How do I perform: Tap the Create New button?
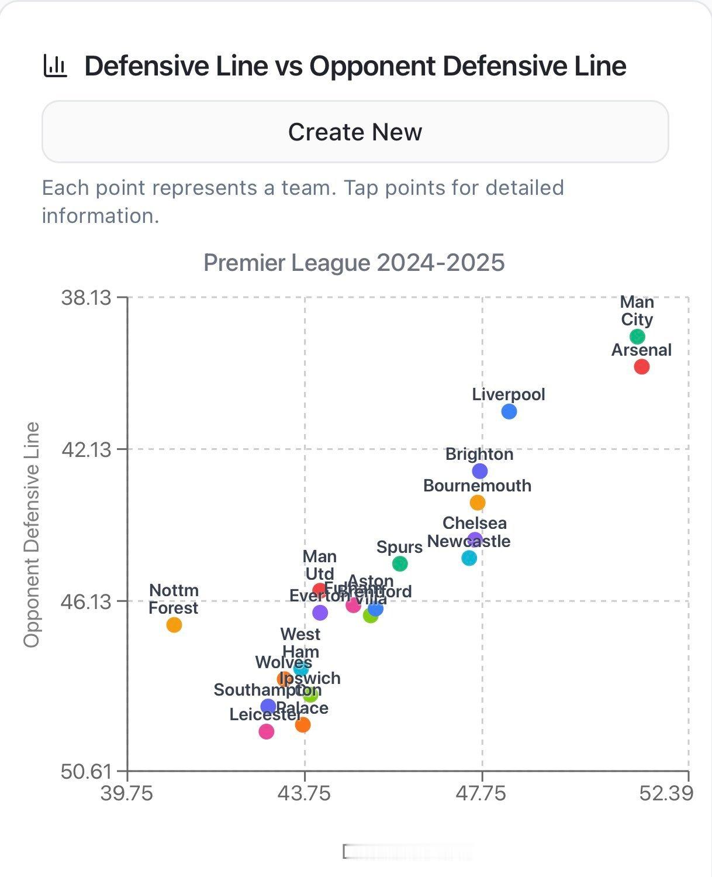(x=355, y=132)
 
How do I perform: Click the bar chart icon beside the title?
(x=56, y=66)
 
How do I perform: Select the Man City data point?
(x=637, y=336)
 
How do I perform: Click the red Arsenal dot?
(x=641, y=367)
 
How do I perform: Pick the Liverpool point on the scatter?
(x=509, y=411)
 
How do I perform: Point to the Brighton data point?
(x=479, y=471)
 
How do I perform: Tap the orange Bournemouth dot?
(x=478, y=503)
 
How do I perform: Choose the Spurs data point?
(x=400, y=563)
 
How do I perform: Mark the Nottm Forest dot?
(x=174, y=625)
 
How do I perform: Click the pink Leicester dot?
(x=266, y=731)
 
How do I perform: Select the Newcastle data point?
(x=469, y=558)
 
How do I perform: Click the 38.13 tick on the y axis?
(x=86, y=298)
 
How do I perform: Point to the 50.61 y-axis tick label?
(x=86, y=771)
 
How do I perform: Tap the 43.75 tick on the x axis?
(x=304, y=793)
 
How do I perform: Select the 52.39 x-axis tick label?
(x=666, y=793)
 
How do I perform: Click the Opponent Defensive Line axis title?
(x=32, y=534)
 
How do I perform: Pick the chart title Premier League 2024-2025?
(x=354, y=263)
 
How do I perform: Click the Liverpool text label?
(x=509, y=394)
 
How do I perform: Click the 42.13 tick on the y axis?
(x=86, y=449)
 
